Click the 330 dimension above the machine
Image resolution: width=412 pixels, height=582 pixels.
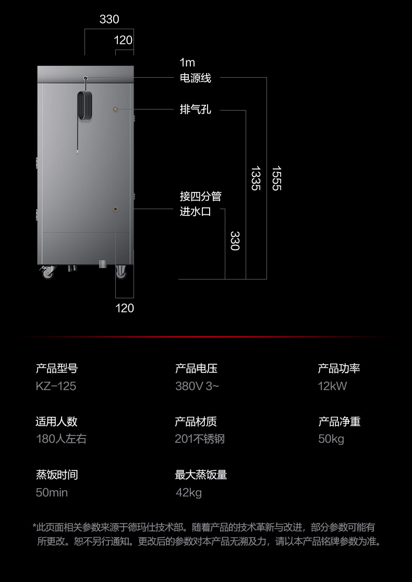109,20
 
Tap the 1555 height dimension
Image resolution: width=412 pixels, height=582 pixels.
276,178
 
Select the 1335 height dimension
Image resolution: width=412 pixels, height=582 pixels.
255,178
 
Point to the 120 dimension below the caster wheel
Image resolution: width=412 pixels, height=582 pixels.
125,308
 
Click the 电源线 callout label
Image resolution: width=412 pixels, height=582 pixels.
195,78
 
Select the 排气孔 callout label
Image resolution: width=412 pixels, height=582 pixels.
195,110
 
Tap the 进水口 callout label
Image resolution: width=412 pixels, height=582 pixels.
195,212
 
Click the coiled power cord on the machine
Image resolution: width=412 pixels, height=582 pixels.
85,106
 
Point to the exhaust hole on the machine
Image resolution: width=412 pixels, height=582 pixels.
116,109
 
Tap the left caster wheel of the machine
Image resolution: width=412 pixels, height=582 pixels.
48,272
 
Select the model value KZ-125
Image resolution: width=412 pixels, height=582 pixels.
56,386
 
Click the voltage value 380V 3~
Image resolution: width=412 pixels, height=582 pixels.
197,386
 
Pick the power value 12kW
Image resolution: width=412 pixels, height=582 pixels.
332,386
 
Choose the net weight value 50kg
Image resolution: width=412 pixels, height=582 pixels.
331,439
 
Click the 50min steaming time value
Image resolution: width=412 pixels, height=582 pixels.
52,492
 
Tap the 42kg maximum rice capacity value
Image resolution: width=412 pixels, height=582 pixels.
188,492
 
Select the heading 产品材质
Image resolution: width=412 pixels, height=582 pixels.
196,421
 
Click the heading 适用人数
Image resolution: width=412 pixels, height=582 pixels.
56,421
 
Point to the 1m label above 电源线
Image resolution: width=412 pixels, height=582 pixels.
187,63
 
